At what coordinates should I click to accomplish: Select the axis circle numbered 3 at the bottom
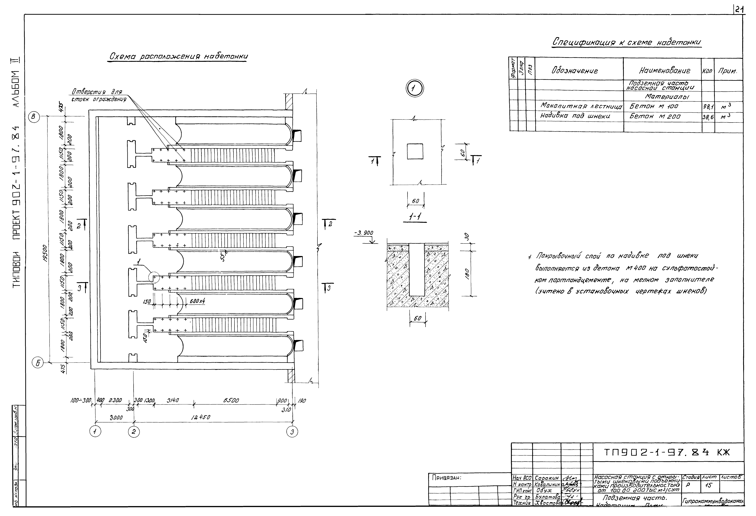point(292,432)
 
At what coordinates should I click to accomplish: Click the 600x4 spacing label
point(197,301)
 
